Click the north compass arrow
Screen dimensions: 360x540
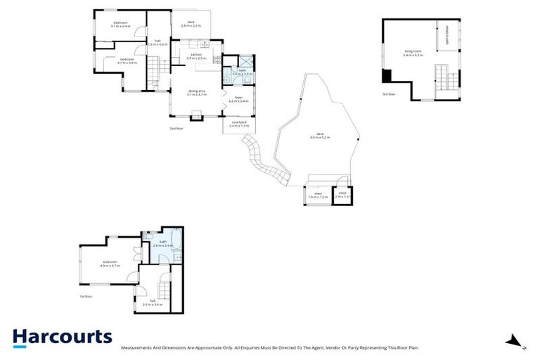517,342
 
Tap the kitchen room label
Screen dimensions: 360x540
195,56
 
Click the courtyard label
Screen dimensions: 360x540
240,124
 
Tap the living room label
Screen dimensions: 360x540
413,53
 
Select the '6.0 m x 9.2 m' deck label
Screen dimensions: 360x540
320,138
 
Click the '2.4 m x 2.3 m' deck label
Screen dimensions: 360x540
191,24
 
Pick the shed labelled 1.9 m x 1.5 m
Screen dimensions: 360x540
318,195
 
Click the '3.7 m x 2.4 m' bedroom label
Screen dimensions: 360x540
121,25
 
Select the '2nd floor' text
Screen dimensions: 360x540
176,129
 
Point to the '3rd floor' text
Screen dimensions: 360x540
389,94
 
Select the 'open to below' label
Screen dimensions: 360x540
447,35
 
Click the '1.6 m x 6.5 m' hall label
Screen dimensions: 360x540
160,42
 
